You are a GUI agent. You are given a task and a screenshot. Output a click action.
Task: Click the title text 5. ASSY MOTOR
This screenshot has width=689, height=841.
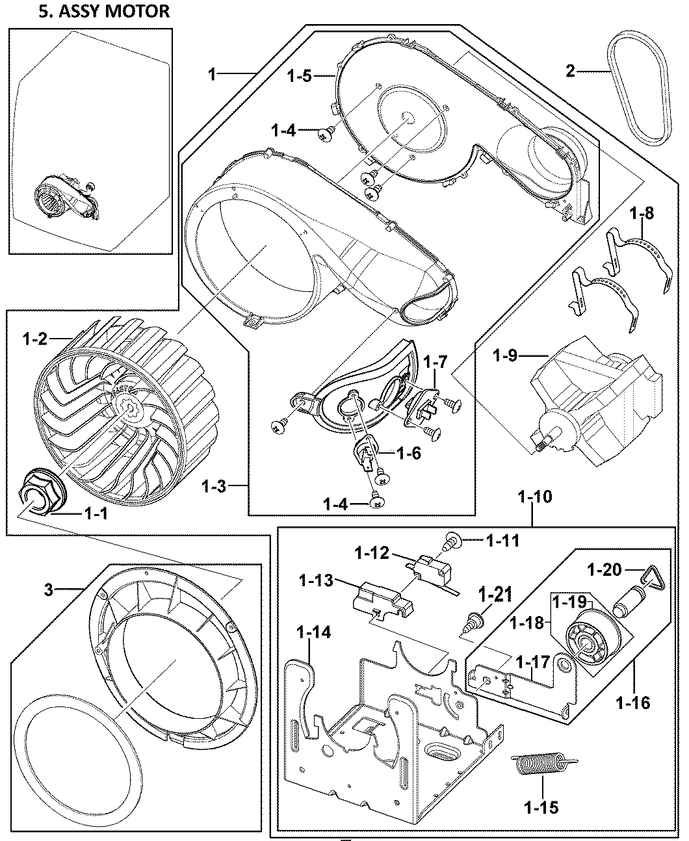point(103,11)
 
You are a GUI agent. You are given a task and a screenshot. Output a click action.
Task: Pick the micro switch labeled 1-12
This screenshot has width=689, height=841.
point(432,570)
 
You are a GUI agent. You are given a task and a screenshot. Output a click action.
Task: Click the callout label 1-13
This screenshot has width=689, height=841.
point(318,580)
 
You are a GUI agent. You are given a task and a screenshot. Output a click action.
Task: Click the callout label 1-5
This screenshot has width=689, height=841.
point(301,76)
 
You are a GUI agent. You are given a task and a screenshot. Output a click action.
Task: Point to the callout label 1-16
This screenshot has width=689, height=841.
point(632,703)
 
